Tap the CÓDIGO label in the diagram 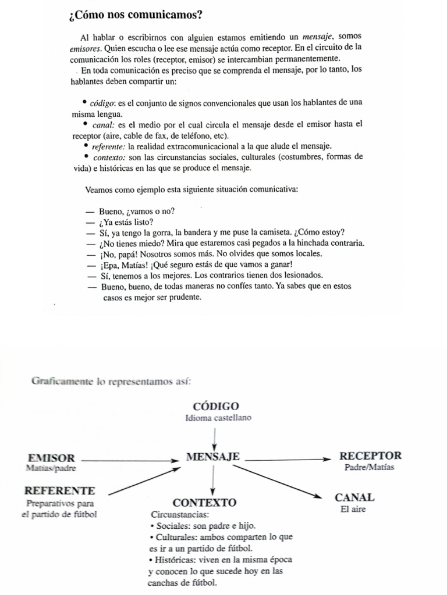[215, 406]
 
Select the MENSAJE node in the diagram [213, 457]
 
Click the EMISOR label [51, 457]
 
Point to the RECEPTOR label [370, 456]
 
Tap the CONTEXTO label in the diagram [205, 502]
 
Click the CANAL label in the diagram [354, 497]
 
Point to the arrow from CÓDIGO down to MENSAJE [215, 438]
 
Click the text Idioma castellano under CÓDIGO [218, 418]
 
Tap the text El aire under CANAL [353, 510]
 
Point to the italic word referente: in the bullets [109, 146]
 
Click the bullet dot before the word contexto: [87, 156]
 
